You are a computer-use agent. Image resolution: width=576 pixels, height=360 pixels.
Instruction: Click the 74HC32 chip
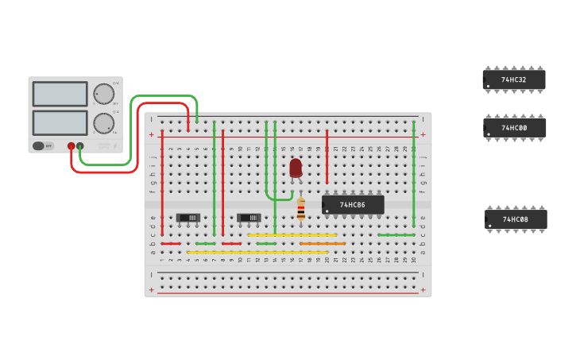coord(514,79)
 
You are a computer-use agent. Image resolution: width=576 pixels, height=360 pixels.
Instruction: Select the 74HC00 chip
coord(514,128)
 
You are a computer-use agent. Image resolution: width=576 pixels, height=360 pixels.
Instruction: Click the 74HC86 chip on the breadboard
coord(353,205)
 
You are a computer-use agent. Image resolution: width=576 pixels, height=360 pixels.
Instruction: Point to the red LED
coord(296,167)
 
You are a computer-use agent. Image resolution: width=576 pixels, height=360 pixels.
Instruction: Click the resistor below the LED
coord(301,209)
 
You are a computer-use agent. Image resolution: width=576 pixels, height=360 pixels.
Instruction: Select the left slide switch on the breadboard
coord(188,218)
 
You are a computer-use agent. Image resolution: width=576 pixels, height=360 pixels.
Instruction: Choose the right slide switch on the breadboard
coord(249,218)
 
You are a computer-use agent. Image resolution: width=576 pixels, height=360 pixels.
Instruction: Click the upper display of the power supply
coord(60,94)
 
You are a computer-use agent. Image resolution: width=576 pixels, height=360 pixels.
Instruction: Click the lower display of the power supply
coord(60,122)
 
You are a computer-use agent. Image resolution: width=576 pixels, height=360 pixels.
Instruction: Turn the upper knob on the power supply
coord(103,94)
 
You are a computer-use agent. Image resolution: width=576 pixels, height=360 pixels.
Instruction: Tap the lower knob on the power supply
coord(103,123)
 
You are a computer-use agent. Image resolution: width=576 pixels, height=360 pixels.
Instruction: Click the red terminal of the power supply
coord(72,146)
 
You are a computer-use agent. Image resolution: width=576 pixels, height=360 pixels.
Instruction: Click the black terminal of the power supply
coord(80,146)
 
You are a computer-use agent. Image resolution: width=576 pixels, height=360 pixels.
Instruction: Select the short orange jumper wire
coord(322,243)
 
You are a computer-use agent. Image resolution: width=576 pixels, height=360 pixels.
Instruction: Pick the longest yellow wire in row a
coord(257,253)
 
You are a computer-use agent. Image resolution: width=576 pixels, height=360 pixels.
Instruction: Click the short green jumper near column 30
coord(396,234)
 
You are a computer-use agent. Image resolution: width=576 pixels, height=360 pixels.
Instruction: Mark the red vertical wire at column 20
coord(327,157)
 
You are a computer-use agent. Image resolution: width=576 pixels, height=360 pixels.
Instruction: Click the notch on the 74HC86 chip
coord(323,205)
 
